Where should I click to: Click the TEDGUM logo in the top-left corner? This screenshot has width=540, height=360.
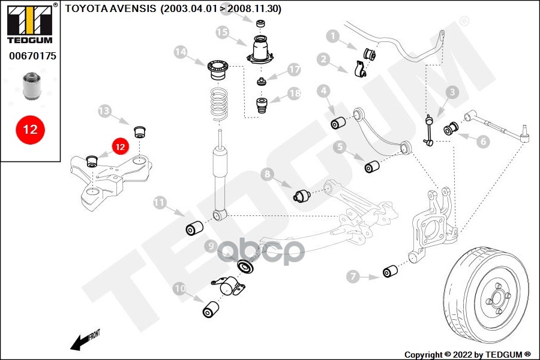[x=30, y=23]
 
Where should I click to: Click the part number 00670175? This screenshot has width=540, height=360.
[x=32, y=56]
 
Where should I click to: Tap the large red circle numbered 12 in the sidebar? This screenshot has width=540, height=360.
[x=30, y=130]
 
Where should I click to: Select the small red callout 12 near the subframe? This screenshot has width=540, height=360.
[x=120, y=147]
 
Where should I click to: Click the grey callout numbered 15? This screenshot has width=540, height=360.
[x=223, y=32]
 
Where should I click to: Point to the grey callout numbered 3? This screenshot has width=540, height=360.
[x=452, y=92]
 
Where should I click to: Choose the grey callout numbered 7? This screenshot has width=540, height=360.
[x=353, y=276]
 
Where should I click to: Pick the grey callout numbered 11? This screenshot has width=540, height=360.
[x=160, y=202]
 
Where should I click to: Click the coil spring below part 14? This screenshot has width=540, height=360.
[x=219, y=105]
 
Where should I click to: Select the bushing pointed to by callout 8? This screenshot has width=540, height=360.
[x=302, y=196]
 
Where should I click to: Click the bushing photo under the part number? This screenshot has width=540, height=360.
[x=31, y=85]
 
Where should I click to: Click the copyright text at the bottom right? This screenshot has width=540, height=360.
[x=467, y=355]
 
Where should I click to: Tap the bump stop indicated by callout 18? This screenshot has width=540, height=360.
[x=262, y=106]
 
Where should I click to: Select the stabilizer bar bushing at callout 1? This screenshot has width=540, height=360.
[x=370, y=54]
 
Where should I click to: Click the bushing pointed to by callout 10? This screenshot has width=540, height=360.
[x=211, y=309]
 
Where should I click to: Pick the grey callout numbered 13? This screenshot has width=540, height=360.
[x=104, y=111]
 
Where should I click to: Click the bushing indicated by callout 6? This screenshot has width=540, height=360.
[x=451, y=128]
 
